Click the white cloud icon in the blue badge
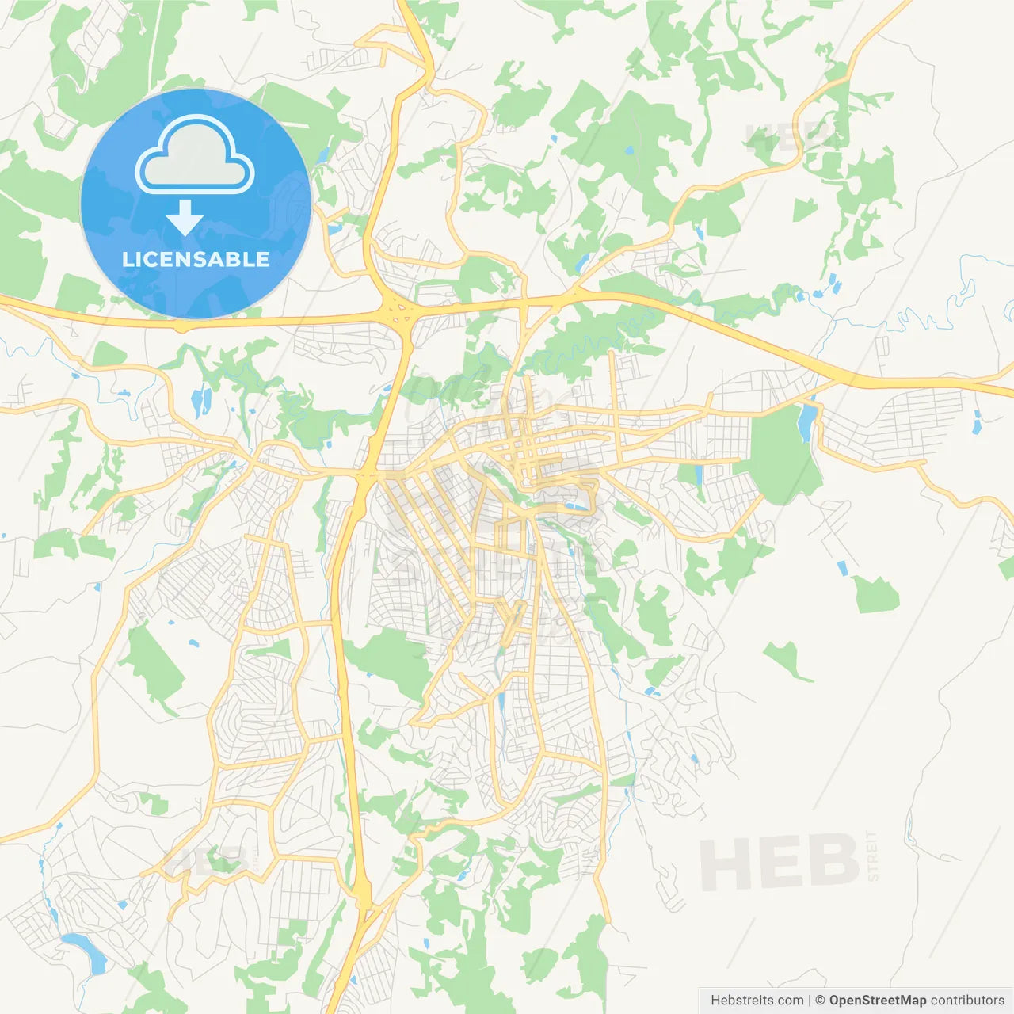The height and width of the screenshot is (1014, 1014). pos(195,154)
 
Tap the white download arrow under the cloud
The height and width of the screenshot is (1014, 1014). pos(185,218)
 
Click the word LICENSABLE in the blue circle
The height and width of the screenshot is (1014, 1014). pos(196,259)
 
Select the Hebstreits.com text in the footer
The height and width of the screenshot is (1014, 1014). pos(757,1001)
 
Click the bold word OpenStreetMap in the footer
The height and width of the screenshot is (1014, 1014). pos(878,1001)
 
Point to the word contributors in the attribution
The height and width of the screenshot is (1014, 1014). pos(967,1001)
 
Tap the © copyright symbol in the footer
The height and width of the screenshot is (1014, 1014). pos(820,1001)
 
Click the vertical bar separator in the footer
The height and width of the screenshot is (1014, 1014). pos(810,1001)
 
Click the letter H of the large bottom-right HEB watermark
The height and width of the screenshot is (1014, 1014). pos(725,864)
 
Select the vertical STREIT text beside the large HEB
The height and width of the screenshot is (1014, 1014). pos(873,856)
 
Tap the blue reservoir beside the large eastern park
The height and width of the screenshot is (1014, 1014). pos(806,421)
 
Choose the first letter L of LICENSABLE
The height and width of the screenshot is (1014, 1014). pos(128,259)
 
